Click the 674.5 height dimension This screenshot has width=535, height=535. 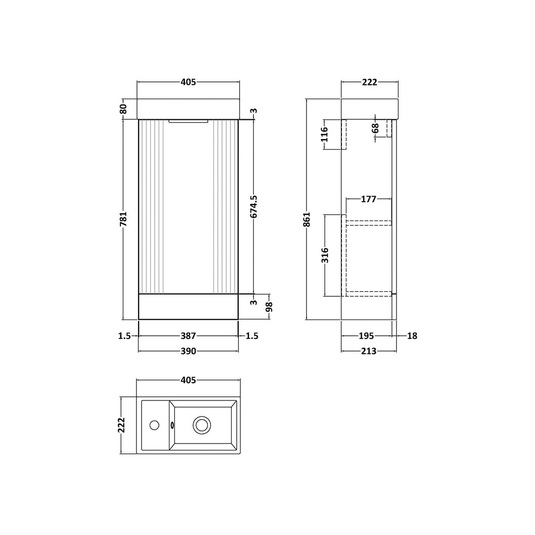[x=254, y=206]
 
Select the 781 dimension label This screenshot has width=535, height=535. [x=123, y=219]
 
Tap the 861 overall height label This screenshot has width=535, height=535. [x=307, y=219]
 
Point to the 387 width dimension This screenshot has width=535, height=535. [x=188, y=336]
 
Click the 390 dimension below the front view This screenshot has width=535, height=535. [x=188, y=351]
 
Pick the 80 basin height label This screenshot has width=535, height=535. [x=123, y=109]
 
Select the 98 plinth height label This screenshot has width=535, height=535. [x=269, y=307]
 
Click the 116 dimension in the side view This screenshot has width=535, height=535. [x=324, y=134]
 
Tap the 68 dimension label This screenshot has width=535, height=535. [x=375, y=128]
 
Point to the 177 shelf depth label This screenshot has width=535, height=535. [x=369, y=199]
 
